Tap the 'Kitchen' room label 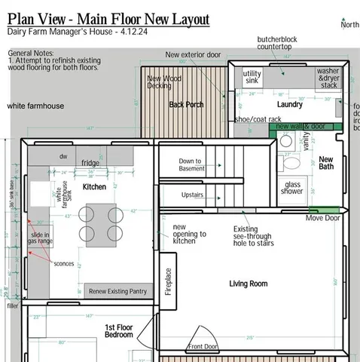[x=93, y=186]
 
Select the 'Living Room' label [x=249, y=284]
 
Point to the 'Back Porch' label [x=185, y=105]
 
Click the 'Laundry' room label [x=289, y=105]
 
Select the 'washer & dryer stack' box [x=328, y=78]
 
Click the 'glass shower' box [x=293, y=188]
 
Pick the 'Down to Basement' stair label [x=190, y=164]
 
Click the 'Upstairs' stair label [x=192, y=195]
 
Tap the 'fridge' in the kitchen [x=90, y=163]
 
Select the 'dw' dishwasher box [x=63, y=156]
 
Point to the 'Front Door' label [x=203, y=346]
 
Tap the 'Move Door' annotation [x=322, y=218]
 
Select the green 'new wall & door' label [x=301, y=127]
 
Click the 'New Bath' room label [x=326, y=163]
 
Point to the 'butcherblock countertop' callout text [x=279, y=43]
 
